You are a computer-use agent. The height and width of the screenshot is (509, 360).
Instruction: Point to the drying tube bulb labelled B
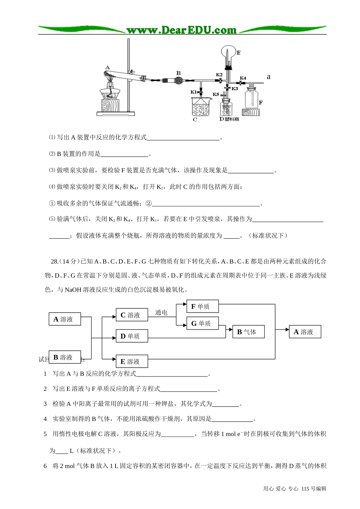[179, 80]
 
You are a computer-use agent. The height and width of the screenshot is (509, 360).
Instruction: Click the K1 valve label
[194, 92]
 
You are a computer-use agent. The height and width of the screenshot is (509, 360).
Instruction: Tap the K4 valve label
[243, 78]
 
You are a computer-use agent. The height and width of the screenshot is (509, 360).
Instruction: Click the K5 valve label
[216, 94]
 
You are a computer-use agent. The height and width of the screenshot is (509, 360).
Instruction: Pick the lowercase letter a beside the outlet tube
[269, 77]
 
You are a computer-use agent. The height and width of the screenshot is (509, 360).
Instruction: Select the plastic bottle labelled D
[225, 108]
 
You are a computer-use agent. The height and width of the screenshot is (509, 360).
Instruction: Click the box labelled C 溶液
[131, 315]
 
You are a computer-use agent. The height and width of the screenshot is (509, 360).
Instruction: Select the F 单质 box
[202, 306]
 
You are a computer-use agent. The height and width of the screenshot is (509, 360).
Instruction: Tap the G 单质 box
[202, 323]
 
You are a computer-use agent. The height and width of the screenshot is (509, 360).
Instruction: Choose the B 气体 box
[248, 332]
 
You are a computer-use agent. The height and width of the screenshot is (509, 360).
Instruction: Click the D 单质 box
[131, 336]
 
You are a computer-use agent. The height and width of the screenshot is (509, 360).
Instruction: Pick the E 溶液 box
[131, 361]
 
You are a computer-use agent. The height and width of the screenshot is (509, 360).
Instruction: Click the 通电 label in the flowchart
[161, 312]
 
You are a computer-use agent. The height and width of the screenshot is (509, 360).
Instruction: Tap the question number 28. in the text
[55, 261]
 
